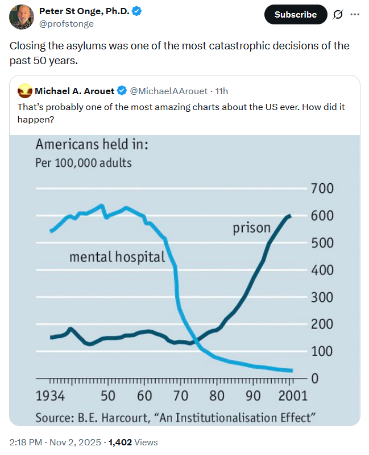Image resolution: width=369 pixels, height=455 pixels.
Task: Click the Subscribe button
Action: pyautogui.click(x=296, y=14)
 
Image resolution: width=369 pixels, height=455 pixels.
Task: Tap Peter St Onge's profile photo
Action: pyautogui.click(x=20, y=16)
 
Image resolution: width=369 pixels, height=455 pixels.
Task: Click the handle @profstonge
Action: pyautogui.click(x=67, y=24)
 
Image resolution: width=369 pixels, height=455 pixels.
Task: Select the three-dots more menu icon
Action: pyautogui.click(x=355, y=14)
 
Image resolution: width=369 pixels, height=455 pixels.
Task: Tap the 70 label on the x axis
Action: pyautogui.click(x=181, y=395)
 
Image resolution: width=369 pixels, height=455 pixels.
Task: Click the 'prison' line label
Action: pyautogui.click(x=251, y=228)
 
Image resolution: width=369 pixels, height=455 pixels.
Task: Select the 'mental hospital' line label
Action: pyautogui.click(x=117, y=257)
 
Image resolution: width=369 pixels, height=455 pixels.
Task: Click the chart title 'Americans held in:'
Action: pyautogui.click(x=92, y=145)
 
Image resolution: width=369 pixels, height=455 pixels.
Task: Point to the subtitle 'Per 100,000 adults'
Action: pyautogui.click(x=83, y=163)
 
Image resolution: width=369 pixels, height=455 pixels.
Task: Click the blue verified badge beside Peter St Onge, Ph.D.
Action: pyautogui.click(x=137, y=11)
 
